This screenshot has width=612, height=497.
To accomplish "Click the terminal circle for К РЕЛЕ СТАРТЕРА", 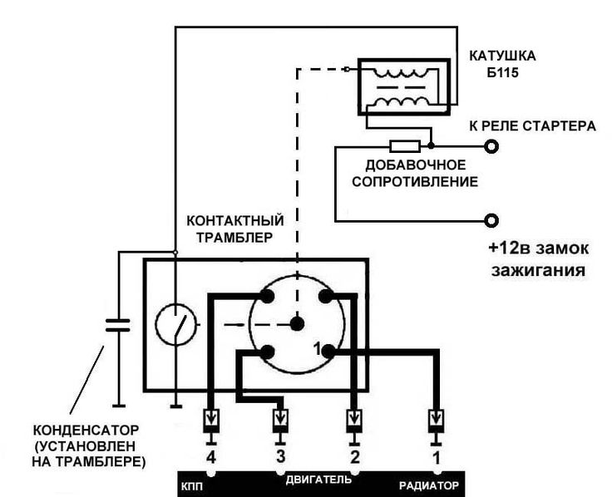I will pos(491,146).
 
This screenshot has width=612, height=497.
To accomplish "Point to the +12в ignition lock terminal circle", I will pos(491,220).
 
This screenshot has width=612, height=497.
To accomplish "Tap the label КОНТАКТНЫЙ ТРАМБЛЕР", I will pos(236,228).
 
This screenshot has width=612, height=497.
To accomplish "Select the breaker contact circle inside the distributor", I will pos(175,323).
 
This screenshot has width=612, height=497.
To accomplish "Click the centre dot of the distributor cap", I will pos(297,323).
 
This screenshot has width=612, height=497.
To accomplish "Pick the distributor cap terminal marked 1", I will pos(328,351).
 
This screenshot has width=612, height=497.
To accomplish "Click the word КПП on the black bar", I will pos(193,484).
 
